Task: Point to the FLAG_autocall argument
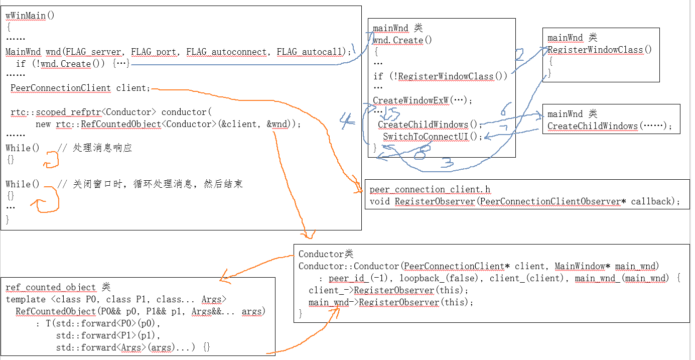(309, 52)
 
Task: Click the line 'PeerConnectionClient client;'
(80, 88)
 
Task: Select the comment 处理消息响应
(102, 148)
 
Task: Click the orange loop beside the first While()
(52, 160)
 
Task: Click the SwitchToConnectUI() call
(432, 137)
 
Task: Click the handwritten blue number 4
(346, 119)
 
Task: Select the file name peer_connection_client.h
(430, 190)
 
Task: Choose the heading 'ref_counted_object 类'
(58, 287)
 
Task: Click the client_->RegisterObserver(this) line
(388, 290)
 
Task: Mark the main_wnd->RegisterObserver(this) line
(391, 302)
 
